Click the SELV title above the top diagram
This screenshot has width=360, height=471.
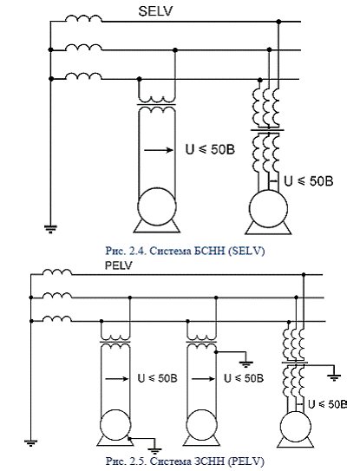pyautogui.click(x=155, y=11)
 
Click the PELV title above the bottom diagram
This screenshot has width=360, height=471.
pyautogui.click(x=118, y=265)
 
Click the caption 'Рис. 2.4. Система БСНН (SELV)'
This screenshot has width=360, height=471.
pyautogui.click(x=185, y=251)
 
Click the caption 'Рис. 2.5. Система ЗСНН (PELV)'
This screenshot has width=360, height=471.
pyautogui.click(x=185, y=461)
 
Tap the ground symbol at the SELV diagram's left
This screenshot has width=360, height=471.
pyautogui.click(x=50, y=229)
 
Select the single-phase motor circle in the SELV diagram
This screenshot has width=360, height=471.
pyautogui.click(x=157, y=206)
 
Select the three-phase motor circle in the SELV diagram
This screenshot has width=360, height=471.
pyautogui.click(x=268, y=208)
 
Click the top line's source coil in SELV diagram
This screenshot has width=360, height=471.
pyautogui.click(x=83, y=18)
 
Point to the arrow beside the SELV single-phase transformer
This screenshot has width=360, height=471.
pyautogui.click(x=159, y=150)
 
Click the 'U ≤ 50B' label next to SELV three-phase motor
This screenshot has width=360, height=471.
pyautogui.click(x=309, y=181)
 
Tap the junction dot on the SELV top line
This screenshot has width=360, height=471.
pyautogui.click(x=278, y=22)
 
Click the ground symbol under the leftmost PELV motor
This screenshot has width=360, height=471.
pyautogui.click(x=155, y=450)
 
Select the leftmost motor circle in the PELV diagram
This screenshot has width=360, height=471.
pyautogui.click(x=115, y=425)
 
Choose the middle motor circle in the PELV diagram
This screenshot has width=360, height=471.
pyautogui.click(x=201, y=425)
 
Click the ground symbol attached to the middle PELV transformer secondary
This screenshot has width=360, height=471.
pyautogui.click(x=245, y=364)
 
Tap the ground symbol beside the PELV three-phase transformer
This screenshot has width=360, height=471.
pyautogui.click(x=334, y=377)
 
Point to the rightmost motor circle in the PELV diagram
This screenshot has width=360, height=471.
pyautogui.click(x=296, y=427)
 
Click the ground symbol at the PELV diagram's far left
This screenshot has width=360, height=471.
pyautogui.click(x=30, y=443)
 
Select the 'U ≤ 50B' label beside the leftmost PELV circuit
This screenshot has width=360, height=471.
pyautogui.click(x=158, y=378)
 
